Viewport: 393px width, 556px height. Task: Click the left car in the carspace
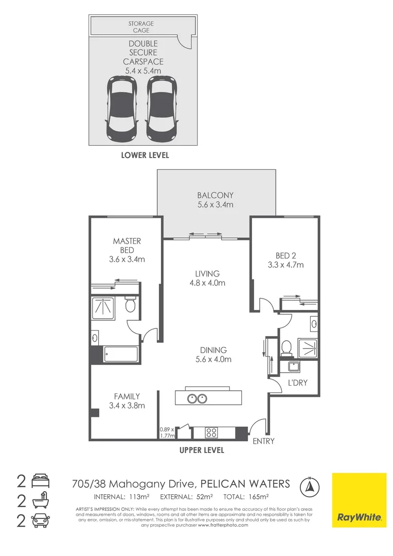(x=121, y=110)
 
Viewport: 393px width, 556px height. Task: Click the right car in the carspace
(x=162, y=110)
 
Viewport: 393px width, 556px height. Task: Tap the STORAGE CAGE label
(x=141, y=27)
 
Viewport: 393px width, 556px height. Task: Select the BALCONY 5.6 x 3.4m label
(x=215, y=200)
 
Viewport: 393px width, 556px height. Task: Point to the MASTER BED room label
(x=127, y=250)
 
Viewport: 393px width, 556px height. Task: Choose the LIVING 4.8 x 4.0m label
(x=207, y=278)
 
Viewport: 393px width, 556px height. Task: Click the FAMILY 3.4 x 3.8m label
(x=127, y=401)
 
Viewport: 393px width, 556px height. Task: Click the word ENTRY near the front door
(x=263, y=441)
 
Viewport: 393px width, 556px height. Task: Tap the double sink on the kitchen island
(x=197, y=398)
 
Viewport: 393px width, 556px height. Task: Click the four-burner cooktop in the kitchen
(x=212, y=432)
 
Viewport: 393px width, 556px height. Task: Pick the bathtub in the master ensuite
(x=121, y=354)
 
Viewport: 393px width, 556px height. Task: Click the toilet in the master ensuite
(x=131, y=306)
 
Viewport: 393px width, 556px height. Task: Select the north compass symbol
(x=310, y=485)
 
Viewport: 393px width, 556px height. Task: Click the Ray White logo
(x=359, y=500)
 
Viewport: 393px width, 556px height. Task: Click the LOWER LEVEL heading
(x=145, y=155)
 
